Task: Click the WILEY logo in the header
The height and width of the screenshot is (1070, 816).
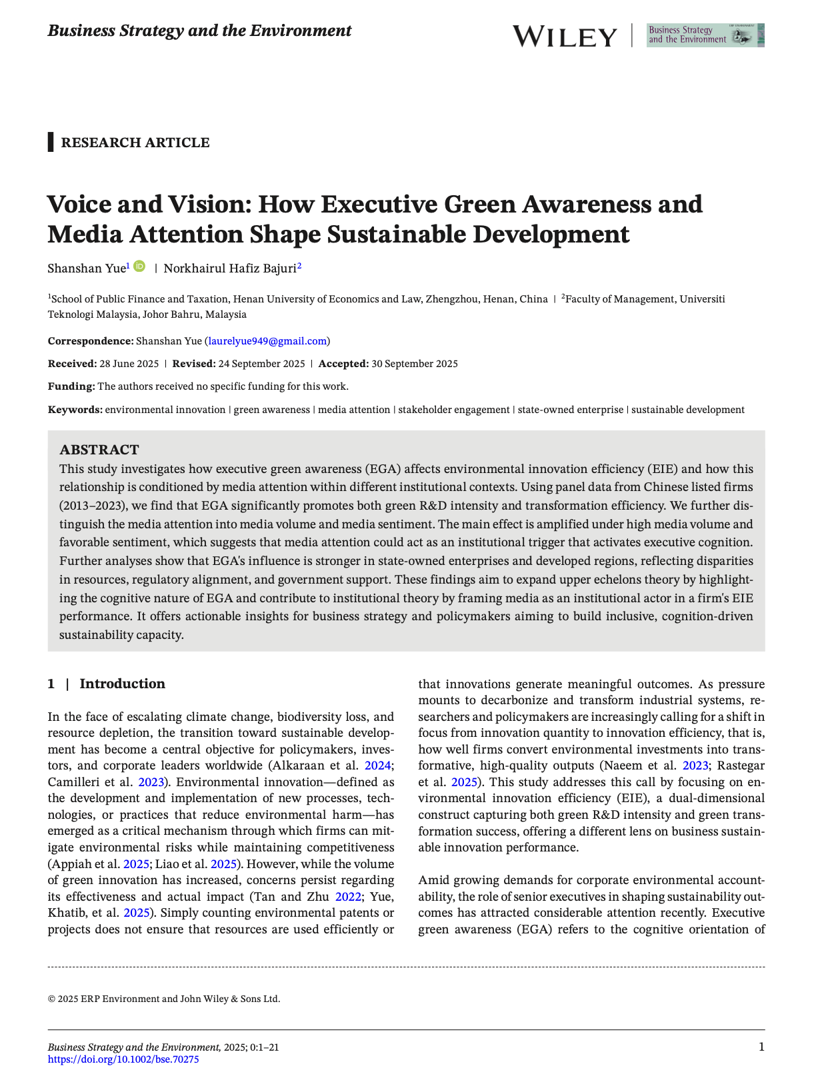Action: coord(565,37)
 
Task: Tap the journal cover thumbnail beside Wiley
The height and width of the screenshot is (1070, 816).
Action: coord(705,35)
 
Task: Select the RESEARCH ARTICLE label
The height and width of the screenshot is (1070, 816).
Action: coord(135,143)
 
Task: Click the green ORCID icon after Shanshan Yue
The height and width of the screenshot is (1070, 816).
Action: coord(139,267)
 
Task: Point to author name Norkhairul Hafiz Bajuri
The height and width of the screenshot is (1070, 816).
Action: coord(230,268)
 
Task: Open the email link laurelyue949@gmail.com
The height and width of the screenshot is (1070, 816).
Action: coord(267,341)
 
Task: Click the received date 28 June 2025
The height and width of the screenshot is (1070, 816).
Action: coord(129,364)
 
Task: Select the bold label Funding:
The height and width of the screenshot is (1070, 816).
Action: coord(71,386)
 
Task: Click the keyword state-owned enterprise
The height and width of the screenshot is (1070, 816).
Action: coord(571,410)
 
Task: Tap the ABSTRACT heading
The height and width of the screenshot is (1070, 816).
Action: coord(99,450)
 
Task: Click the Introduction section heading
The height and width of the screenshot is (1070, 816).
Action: coord(122,684)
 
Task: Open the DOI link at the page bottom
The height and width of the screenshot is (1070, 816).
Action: coord(123,1059)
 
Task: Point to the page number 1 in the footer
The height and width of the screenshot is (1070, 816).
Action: coord(761,1047)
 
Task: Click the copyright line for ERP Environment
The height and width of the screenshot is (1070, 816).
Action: coord(164,999)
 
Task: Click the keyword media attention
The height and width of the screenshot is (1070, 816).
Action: coord(354,410)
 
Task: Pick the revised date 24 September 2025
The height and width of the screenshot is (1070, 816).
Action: coord(261,364)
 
